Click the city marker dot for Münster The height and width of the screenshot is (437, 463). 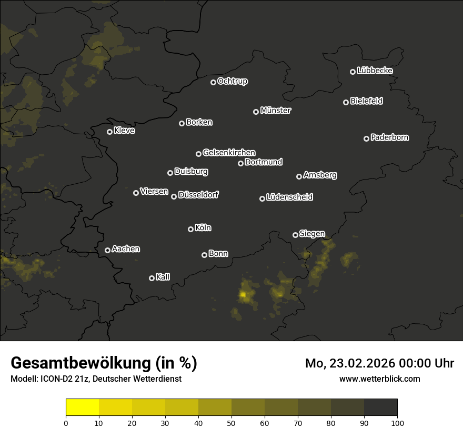(x=256, y=112)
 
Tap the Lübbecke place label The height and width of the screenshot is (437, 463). (x=375, y=71)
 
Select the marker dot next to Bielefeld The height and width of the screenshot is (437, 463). (x=346, y=102)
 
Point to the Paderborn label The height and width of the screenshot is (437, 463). (x=389, y=137)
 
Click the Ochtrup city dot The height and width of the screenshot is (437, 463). (x=213, y=82)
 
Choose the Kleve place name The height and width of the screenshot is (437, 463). (x=124, y=131)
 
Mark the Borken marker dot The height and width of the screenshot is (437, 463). (x=182, y=123)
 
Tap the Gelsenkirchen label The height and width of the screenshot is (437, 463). (x=229, y=153)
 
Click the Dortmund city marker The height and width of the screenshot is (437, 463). (x=241, y=163)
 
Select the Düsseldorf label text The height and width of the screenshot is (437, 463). (x=198, y=195)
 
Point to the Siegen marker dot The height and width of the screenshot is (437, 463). (x=296, y=235)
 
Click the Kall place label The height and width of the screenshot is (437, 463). (x=163, y=277)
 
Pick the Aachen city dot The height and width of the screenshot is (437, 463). (x=108, y=250)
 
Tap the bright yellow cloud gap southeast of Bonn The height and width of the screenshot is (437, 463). (x=243, y=295)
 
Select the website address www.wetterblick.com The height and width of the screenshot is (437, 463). (x=380, y=379)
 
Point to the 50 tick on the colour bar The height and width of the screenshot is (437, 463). (x=231, y=422)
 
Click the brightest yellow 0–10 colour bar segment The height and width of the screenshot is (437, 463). (x=83, y=408)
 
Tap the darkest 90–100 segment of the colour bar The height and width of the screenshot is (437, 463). (x=380, y=408)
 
